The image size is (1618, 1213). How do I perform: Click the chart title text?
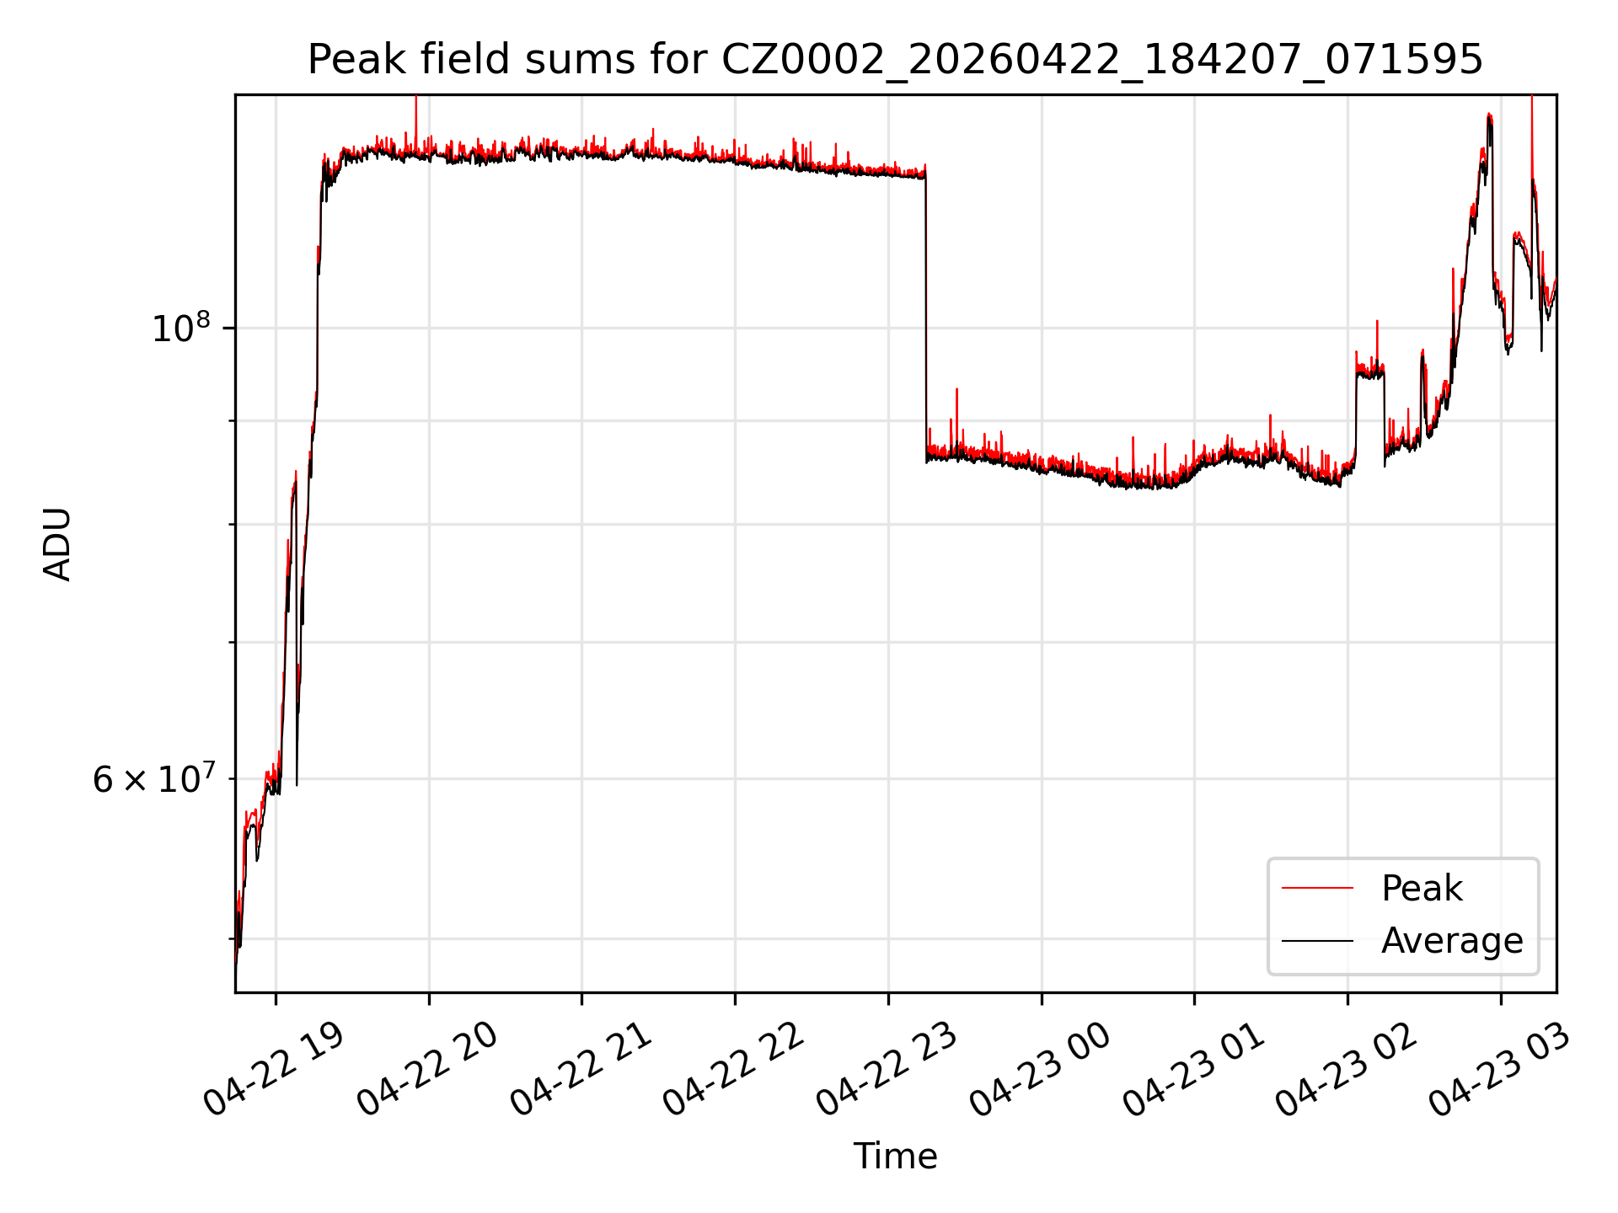(x=895, y=60)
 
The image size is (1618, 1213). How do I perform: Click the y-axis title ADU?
(x=57, y=544)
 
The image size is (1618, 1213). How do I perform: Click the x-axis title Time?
(x=895, y=1157)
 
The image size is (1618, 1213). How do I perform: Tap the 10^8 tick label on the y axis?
(x=180, y=327)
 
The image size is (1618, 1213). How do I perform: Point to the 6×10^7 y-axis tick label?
(x=153, y=778)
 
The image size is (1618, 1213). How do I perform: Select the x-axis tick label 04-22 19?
(x=274, y=1070)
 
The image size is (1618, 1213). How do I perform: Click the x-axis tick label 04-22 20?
(x=427, y=1070)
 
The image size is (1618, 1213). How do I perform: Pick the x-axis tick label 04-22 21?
(x=581, y=1070)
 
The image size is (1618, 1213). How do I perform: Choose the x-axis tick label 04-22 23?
(x=887, y=1070)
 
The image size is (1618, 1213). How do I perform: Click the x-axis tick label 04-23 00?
(x=1040, y=1070)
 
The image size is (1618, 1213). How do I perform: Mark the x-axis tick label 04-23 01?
(x=1193, y=1070)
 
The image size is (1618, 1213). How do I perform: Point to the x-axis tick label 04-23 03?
(x=1499, y=1070)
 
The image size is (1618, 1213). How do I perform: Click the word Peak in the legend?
(x=1422, y=889)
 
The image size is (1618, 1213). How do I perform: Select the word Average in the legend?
(x=1452, y=941)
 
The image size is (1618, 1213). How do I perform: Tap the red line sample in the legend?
(x=1317, y=888)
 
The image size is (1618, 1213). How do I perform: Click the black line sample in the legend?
(x=1317, y=941)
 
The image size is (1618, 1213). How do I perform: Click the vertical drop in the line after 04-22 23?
(x=926, y=316)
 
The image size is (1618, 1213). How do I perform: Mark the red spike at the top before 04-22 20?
(x=415, y=122)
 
